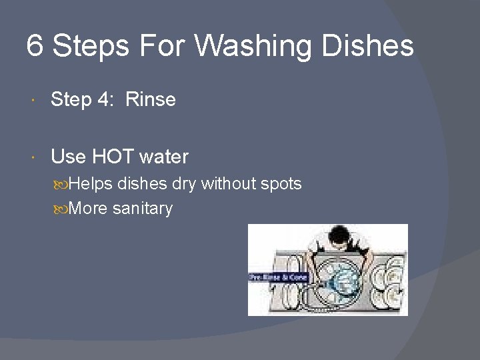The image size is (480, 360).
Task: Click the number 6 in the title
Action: click(35, 47)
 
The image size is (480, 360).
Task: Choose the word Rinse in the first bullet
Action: click(151, 100)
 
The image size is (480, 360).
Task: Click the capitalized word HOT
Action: click(113, 157)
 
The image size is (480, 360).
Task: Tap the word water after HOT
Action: click(164, 157)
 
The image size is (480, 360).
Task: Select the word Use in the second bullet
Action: click(68, 157)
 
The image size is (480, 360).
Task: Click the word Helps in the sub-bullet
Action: click(91, 183)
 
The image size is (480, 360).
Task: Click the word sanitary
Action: click(143, 209)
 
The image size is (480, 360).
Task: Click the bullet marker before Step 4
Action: click(35, 101)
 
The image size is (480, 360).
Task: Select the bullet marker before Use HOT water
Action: click(35, 158)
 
